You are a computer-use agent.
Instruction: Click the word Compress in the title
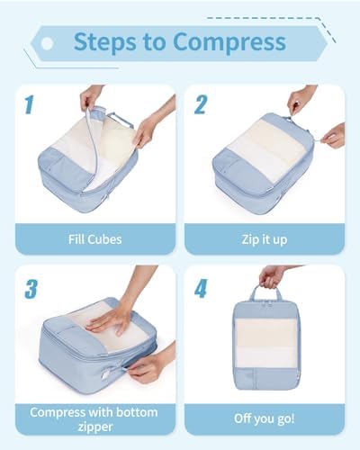click(x=229, y=42)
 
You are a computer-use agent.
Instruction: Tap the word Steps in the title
click(x=105, y=41)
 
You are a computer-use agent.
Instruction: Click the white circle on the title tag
click(x=47, y=44)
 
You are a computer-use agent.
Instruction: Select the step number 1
click(x=29, y=105)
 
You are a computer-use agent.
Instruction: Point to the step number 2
click(x=201, y=104)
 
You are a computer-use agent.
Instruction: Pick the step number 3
click(x=31, y=289)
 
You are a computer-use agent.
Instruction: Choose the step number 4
click(x=201, y=288)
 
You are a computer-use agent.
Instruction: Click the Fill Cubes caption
click(x=95, y=239)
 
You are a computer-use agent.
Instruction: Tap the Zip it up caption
click(x=265, y=240)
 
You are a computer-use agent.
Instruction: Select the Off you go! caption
click(x=265, y=418)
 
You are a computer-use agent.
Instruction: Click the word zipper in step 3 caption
click(x=95, y=427)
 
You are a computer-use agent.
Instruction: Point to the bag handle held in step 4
click(x=265, y=292)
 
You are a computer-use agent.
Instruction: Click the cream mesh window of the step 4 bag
click(x=265, y=343)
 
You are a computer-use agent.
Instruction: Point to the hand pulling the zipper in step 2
click(x=334, y=136)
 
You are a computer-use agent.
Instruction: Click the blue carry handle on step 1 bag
click(x=121, y=120)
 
